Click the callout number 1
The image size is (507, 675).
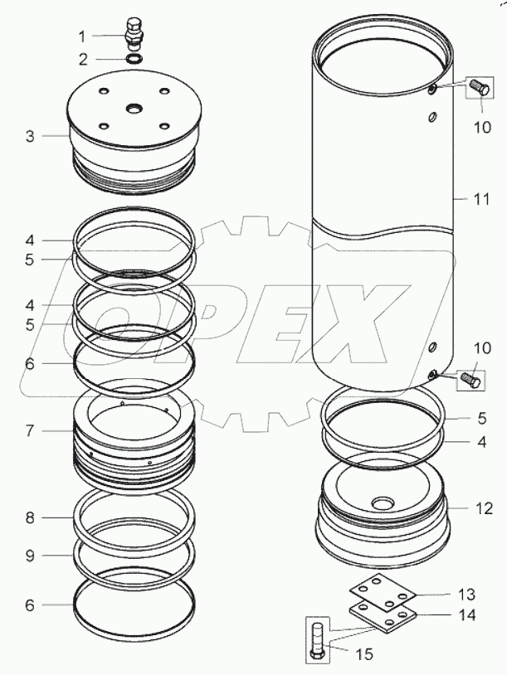tap(82, 36)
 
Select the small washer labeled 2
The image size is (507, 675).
tap(134, 59)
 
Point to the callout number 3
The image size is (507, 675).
tap(30, 135)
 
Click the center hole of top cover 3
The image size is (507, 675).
tap(133, 108)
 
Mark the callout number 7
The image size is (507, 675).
tap(30, 431)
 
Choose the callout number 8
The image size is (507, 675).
tap(30, 518)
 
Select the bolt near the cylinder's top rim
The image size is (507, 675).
tap(478, 86)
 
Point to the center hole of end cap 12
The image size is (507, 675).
tap(383, 503)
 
